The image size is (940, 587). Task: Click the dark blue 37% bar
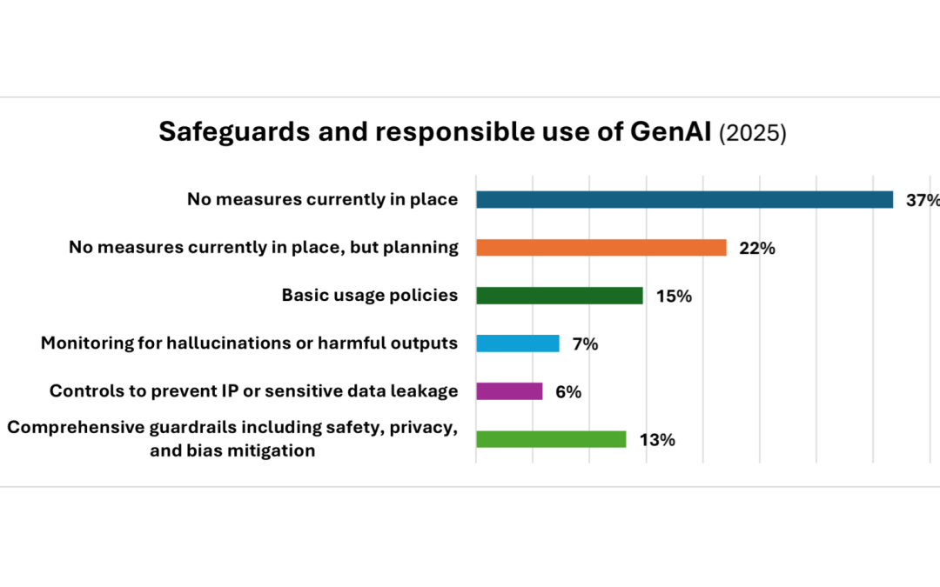[684, 200]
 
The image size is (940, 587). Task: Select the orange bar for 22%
[601, 248]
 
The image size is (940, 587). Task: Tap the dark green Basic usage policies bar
[559, 296]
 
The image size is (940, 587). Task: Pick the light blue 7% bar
[517, 344]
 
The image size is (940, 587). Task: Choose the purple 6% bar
[509, 391]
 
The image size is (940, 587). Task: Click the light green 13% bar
[551, 439]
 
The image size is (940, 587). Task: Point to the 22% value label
[757, 248]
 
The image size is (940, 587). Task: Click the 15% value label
[675, 296]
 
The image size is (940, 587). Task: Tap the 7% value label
[585, 344]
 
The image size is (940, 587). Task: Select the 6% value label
[568, 391]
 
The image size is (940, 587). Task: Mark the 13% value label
[657, 439]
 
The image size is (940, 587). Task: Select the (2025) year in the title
[752, 134]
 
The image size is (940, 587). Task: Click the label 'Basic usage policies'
[370, 295]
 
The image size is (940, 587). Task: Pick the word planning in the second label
[422, 248]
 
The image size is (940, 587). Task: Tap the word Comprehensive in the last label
[74, 427]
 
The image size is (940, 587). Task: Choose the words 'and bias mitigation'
[232, 450]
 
